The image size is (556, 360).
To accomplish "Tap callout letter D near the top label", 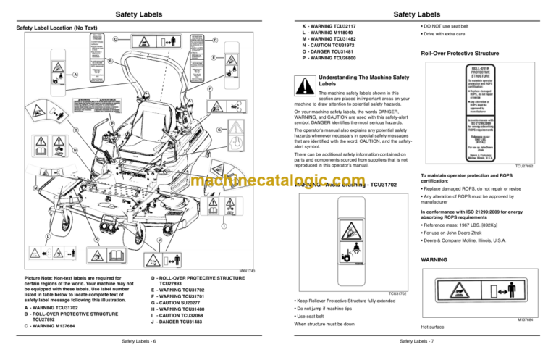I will (x=215, y=40).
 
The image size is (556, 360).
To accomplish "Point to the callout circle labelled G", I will (x=219, y=130).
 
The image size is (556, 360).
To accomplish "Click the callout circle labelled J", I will (x=159, y=240).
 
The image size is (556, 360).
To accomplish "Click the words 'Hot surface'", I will (x=436, y=327).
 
